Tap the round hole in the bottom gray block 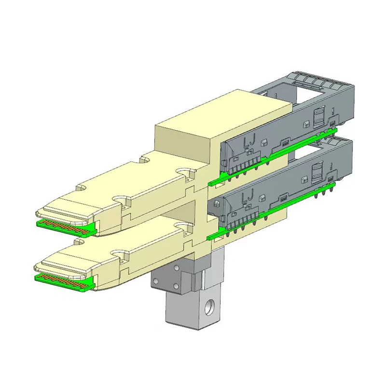(208, 305)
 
